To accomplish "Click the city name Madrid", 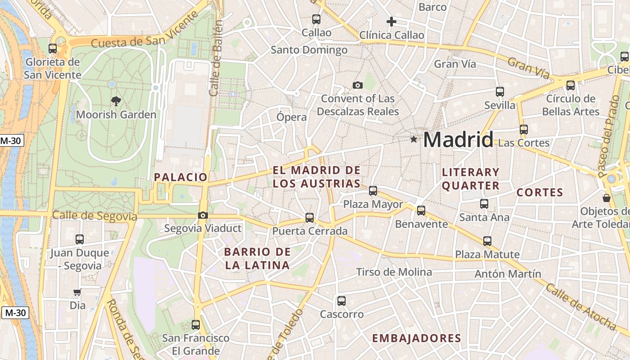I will click(458, 139).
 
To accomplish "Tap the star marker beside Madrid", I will click(414, 139).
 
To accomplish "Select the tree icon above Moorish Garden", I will click(116, 101).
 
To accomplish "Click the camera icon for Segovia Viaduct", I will click(203, 215).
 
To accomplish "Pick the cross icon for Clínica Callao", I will click(391, 21).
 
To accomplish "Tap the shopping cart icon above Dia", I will click(77, 292).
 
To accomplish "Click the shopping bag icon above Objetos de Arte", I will click(607, 198).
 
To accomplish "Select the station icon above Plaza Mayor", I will click(373, 190).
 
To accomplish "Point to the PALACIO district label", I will click(180, 177).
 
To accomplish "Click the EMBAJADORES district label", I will click(417, 338).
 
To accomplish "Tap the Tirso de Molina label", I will click(394, 272).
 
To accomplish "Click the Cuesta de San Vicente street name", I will click(145, 35).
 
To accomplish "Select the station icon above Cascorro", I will click(342, 301).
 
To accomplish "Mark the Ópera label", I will click(292, 117).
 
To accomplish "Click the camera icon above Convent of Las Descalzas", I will click(358, 85).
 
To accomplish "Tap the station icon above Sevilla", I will click(499, 92).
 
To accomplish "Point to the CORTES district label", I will click(540, 193).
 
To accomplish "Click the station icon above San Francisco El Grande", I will click(195, 324).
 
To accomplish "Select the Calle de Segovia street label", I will click(94, 216).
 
